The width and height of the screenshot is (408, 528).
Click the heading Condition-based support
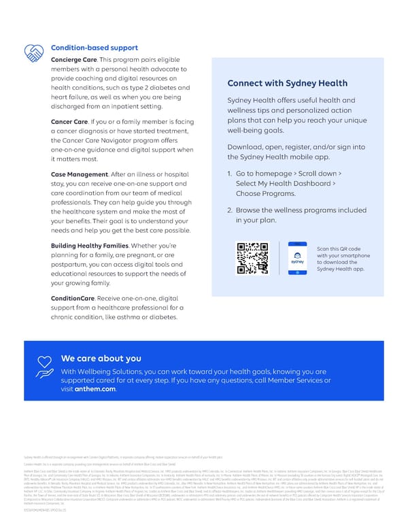tap(95, 48)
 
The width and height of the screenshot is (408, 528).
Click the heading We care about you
tap(101, 359)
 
